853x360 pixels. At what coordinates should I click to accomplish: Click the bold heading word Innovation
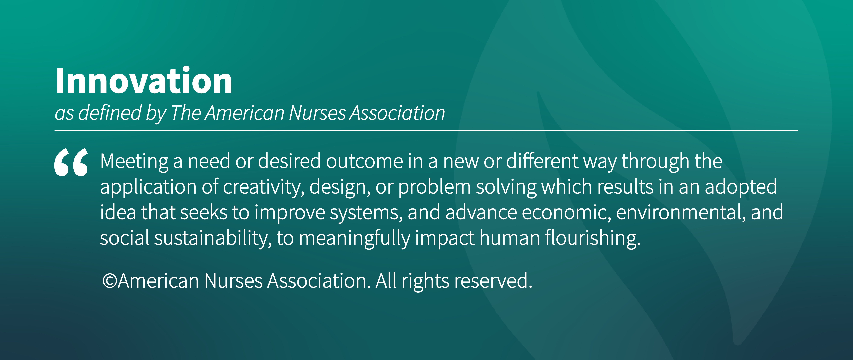point(144,80)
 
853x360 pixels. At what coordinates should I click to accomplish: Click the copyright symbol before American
point(110,281)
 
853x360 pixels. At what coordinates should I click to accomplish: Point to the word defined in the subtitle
point(110,113)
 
